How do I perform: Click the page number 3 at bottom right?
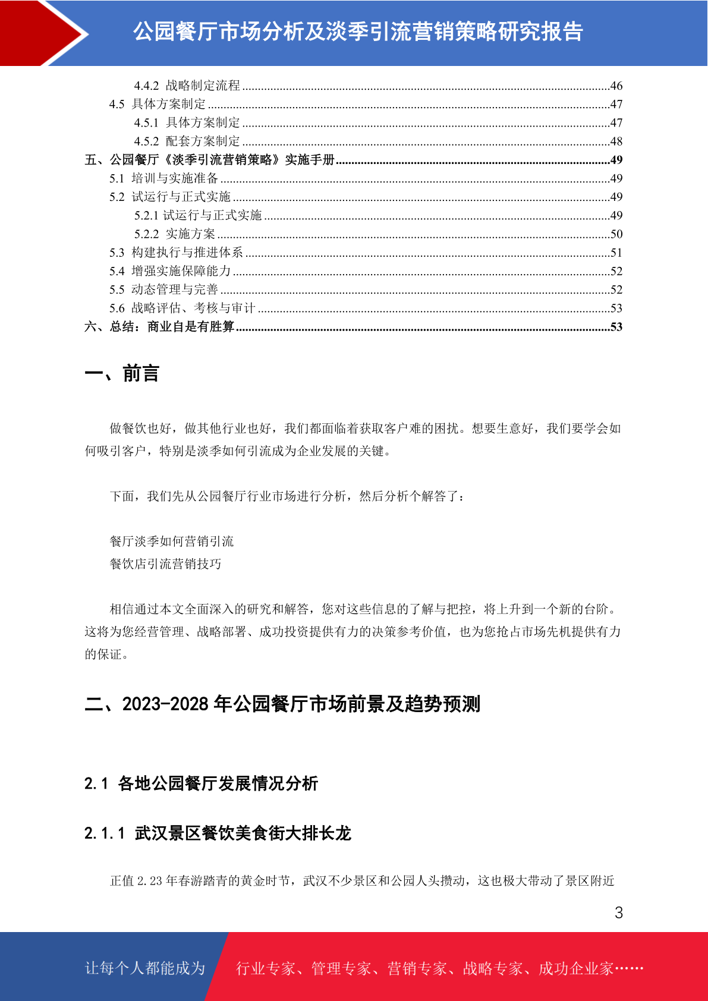[618, 912]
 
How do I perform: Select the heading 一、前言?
[122, 373]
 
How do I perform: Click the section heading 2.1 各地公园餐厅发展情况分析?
[201, 783]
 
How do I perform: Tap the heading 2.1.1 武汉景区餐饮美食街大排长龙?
[218, 833]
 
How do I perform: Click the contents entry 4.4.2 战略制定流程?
[187, 86]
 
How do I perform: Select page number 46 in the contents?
[616, 86]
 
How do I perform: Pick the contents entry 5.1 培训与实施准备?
[163, 178]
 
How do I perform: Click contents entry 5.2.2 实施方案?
[174, 234]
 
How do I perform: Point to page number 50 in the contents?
[616, 234]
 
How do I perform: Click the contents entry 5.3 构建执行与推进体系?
[176, 253]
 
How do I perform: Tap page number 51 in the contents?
[616, 253]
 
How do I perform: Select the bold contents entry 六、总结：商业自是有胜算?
[159, 327]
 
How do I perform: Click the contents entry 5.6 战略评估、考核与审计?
[182, 308]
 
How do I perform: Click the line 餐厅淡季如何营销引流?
[172, 541]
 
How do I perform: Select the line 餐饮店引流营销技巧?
[165, 564]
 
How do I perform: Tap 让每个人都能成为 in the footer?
[145, 968]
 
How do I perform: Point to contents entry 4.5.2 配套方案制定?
[187, 141]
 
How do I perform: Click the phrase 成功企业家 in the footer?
[575, 968]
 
